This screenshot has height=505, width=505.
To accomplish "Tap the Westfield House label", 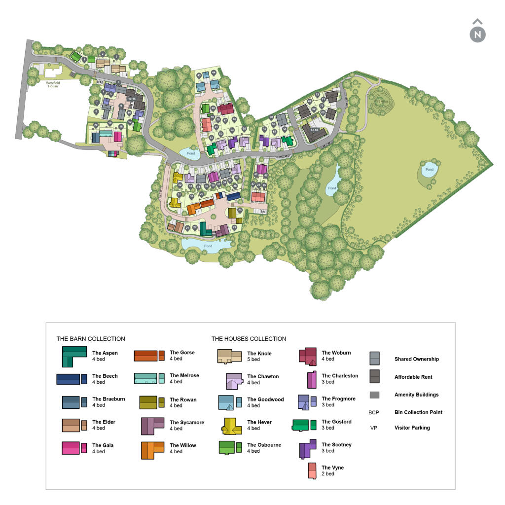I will click(x=53, y=85).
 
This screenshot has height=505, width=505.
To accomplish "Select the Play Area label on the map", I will click(x=379, y=101).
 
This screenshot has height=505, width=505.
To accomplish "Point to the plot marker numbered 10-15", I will click(x=131, y=99).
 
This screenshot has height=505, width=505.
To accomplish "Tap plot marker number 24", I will click(x=240, y=210).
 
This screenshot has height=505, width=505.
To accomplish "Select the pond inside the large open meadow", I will click(x=429, y=170).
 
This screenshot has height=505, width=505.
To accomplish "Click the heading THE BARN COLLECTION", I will click(x=91, y=339).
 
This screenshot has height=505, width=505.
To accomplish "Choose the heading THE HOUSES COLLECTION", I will click(x=249, y=339).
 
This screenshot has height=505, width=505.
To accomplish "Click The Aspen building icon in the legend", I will click(x=74, y=356).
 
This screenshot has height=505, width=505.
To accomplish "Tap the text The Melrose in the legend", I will click(x=184, y=375).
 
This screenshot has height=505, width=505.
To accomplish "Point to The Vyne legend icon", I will click(x=312, y=471).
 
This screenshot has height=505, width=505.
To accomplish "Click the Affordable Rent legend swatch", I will click(x=374, y=376).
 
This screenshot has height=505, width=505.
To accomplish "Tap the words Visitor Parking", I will click(x=412, y=428).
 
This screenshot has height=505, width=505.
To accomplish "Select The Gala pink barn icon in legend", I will click(x=74, y=448).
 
